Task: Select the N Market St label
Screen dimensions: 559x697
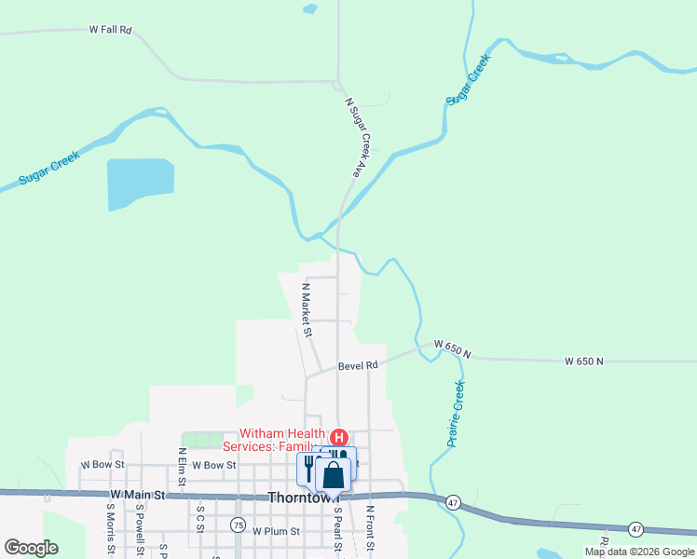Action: tap(306, 309)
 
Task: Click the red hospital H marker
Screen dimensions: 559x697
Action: tap(340, 437)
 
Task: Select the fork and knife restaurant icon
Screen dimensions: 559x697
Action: tap(308, 467)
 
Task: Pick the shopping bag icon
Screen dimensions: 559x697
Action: tap(334, 475)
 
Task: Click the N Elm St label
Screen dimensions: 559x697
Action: tap(183, 466)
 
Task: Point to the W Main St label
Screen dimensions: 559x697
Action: tap(137, 494)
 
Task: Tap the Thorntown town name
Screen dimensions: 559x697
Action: tap(298, 498)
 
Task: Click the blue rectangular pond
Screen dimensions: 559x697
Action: tap(141, 184)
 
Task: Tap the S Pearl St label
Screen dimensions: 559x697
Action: tap(339, 529)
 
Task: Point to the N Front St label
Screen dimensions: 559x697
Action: tap(370, 527)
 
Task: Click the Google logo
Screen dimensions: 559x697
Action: tap(31, 548)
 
